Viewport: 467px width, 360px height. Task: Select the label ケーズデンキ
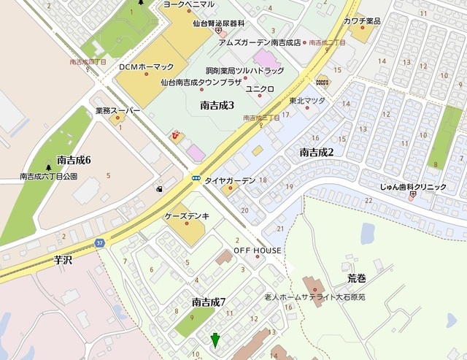pos(188,217)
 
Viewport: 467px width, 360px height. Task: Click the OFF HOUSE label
pos(258,250)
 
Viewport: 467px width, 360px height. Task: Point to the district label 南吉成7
pos(209,302)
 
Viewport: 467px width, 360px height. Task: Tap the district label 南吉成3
pos(217,106)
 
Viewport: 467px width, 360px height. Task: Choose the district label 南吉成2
pos(316,152)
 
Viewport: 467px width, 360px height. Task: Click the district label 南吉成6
pos(73,160)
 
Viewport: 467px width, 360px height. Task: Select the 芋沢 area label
pos(65,259)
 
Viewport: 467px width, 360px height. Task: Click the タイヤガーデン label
pos(230,180)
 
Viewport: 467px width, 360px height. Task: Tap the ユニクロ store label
pos(260,88)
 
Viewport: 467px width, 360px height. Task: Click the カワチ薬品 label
pos(362,20)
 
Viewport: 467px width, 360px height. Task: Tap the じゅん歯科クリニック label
pos(412,187)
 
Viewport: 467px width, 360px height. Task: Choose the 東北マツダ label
pos(306,101)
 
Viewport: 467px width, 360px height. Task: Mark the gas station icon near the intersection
pos(159,189)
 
